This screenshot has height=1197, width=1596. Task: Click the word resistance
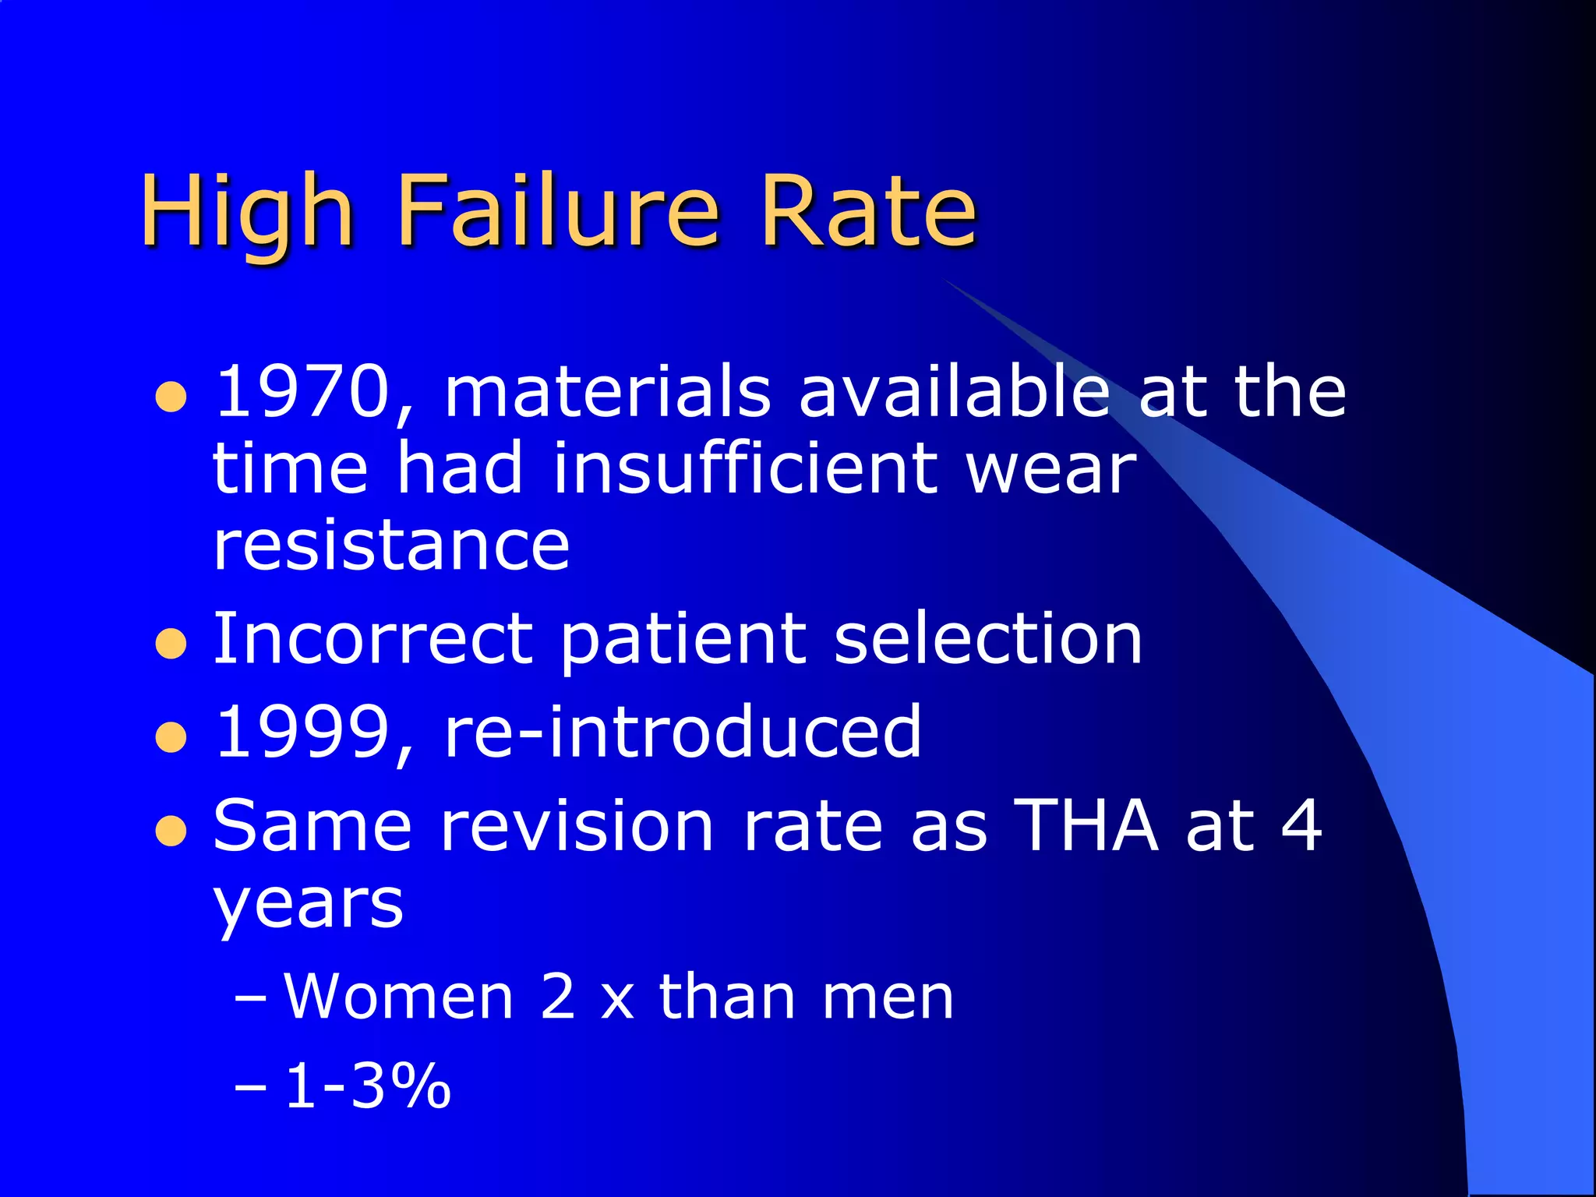tap(391, 545)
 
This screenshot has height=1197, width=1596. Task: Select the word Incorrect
tap(373, 639)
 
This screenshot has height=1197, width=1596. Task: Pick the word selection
tap(987, 639)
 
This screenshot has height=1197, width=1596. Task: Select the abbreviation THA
tap(1088, 824)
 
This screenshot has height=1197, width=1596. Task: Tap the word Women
tap(398, 997)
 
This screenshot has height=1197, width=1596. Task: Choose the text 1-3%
tap(367, 1086)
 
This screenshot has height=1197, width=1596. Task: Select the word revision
tap(577, 824)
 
